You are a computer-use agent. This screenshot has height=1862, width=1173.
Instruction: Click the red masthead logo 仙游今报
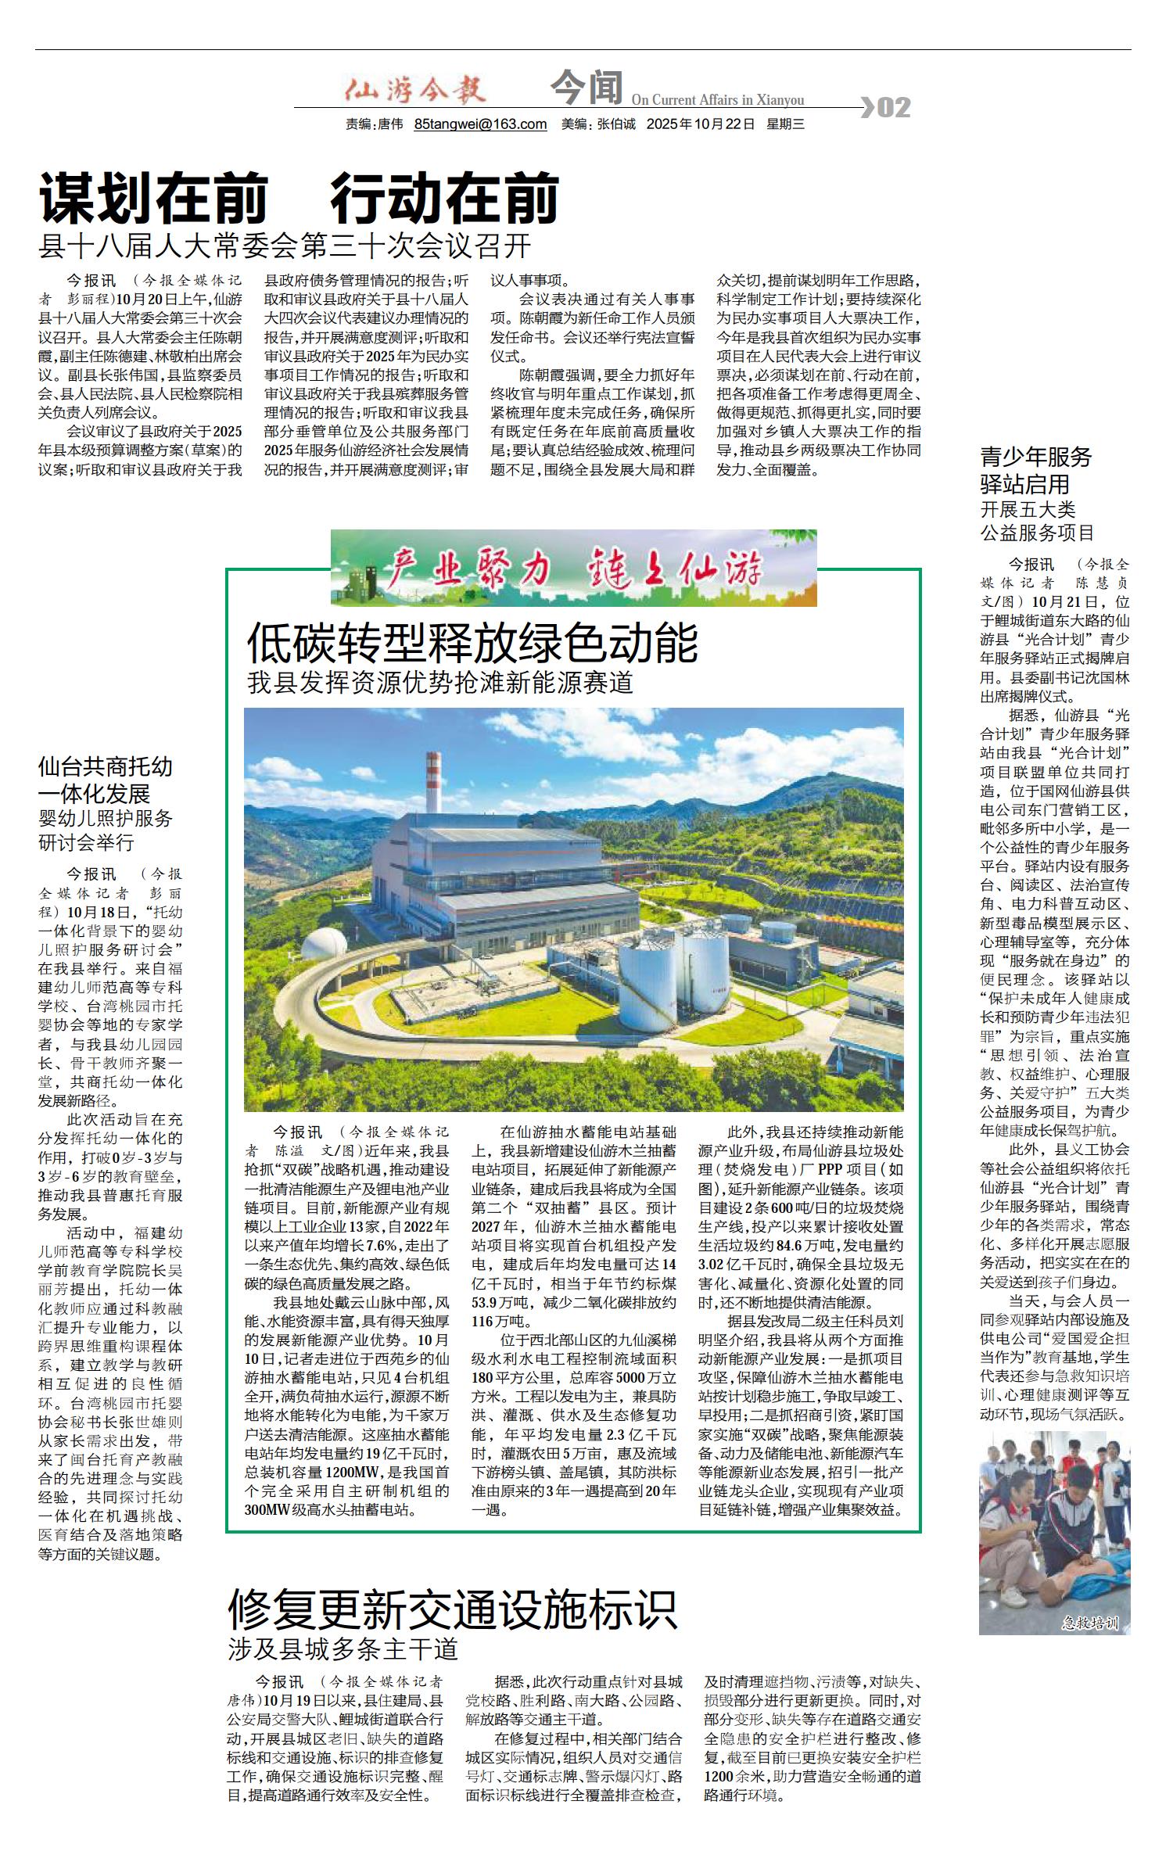(x=415, y=91)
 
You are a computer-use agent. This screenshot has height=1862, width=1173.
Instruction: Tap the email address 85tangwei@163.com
(x=480, y=124)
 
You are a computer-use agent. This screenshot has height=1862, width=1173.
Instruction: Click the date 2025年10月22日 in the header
(x=700, y=124)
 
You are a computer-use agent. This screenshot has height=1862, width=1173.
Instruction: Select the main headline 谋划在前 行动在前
(x=300, y=199)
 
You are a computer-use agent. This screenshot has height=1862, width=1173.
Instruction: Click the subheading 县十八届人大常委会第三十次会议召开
(x=285, y=246)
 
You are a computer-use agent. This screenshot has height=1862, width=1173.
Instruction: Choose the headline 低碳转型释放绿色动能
(x=472, y=644)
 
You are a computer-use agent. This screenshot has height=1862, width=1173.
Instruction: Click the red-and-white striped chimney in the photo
(x=432, y=782)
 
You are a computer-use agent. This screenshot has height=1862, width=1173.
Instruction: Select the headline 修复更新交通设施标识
(x=452, y=1609)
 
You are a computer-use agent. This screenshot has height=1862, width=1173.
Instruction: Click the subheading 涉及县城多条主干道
(x=343, y=1649)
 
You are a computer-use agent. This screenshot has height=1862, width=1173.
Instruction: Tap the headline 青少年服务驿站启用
(x=1036, y=470)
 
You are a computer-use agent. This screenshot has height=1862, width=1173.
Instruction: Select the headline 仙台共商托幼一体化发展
(x=106, y=780)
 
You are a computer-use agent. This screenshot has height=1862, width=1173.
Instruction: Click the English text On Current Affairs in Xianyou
(x=717, y=100)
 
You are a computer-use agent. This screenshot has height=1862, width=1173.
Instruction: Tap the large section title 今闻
(x=586, y=88)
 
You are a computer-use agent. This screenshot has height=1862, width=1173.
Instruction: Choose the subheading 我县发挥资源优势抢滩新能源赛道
(x=440, y=683)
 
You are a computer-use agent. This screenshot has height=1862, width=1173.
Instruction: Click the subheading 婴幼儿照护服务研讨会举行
(x=106, y=831)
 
